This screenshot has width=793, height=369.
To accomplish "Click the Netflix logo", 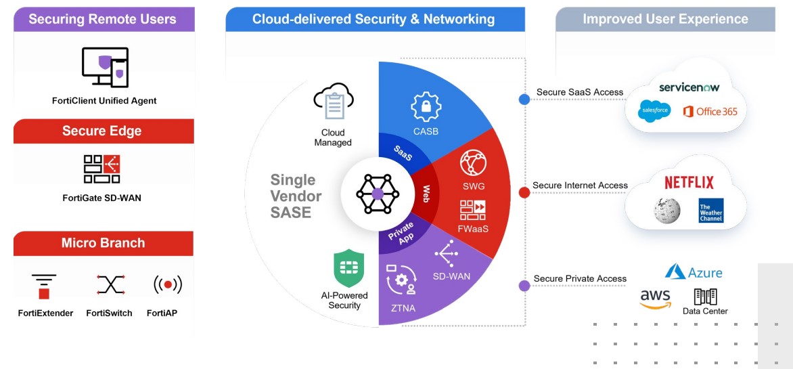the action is pos(689,183).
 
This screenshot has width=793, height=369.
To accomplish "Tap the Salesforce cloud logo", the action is pos(654,110).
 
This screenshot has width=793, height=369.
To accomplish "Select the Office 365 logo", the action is pos(710,111).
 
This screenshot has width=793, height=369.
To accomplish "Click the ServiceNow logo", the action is pos(689,87).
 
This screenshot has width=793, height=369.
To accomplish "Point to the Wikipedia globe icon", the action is pos(667,210).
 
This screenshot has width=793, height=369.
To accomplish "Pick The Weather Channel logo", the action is pos(710,210).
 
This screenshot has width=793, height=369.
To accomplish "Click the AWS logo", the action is pos(655,299).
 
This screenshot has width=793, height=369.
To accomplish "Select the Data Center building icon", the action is pos(706,296).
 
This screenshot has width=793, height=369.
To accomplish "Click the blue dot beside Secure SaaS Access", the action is pos(524,100).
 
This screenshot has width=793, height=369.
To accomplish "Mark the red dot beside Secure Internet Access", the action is pos(524,192).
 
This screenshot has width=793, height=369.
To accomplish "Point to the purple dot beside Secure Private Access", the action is pos(524,286).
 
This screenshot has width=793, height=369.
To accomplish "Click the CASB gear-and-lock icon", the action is pos(426,107).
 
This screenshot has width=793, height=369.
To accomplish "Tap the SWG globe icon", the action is pos(474,163).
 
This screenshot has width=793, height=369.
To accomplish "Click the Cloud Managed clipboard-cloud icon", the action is pos(334,102).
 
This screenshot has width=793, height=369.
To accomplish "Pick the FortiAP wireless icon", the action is pos(167,285).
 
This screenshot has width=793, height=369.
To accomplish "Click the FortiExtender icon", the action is pos(44,286).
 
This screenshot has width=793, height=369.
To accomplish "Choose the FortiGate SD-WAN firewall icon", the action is pos(101,169).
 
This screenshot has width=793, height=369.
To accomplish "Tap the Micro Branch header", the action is pos(103,244).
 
